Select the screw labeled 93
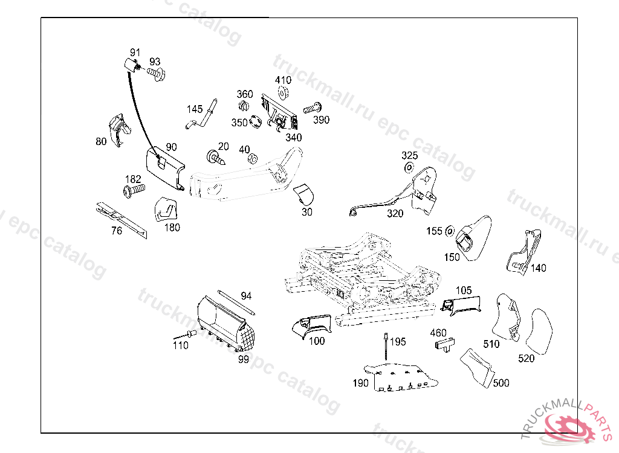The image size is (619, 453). pos(157,74)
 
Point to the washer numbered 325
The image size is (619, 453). pos(409,167)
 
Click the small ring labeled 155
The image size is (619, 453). pos(450,231)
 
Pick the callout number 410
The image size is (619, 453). pos(283,80)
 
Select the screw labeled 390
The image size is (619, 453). pos(311,109)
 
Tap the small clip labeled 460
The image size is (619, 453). pos(444,345)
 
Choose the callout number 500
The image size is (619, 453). pos(501,383)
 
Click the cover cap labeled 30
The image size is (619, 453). pos(305,195)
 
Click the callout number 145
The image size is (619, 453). pos(195,109)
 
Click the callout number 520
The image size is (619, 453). pos(527,358)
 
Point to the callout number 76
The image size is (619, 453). pos(117,230)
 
